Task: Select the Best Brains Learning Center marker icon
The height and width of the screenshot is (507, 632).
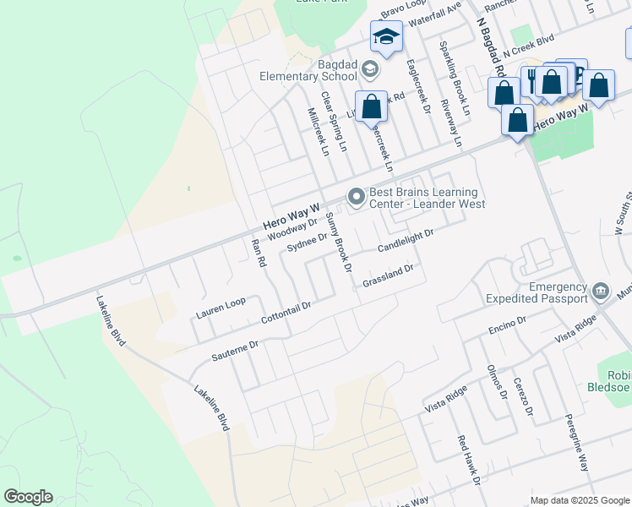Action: click(356, 198)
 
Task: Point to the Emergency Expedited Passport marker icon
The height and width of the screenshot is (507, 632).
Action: click(600, 292)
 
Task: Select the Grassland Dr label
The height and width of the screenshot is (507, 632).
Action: click(388, 275)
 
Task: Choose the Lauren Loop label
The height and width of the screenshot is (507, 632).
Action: click(221, 308)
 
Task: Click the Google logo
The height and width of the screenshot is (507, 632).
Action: click(28, 497)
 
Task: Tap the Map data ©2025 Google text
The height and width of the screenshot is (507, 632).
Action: click(579, 500)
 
